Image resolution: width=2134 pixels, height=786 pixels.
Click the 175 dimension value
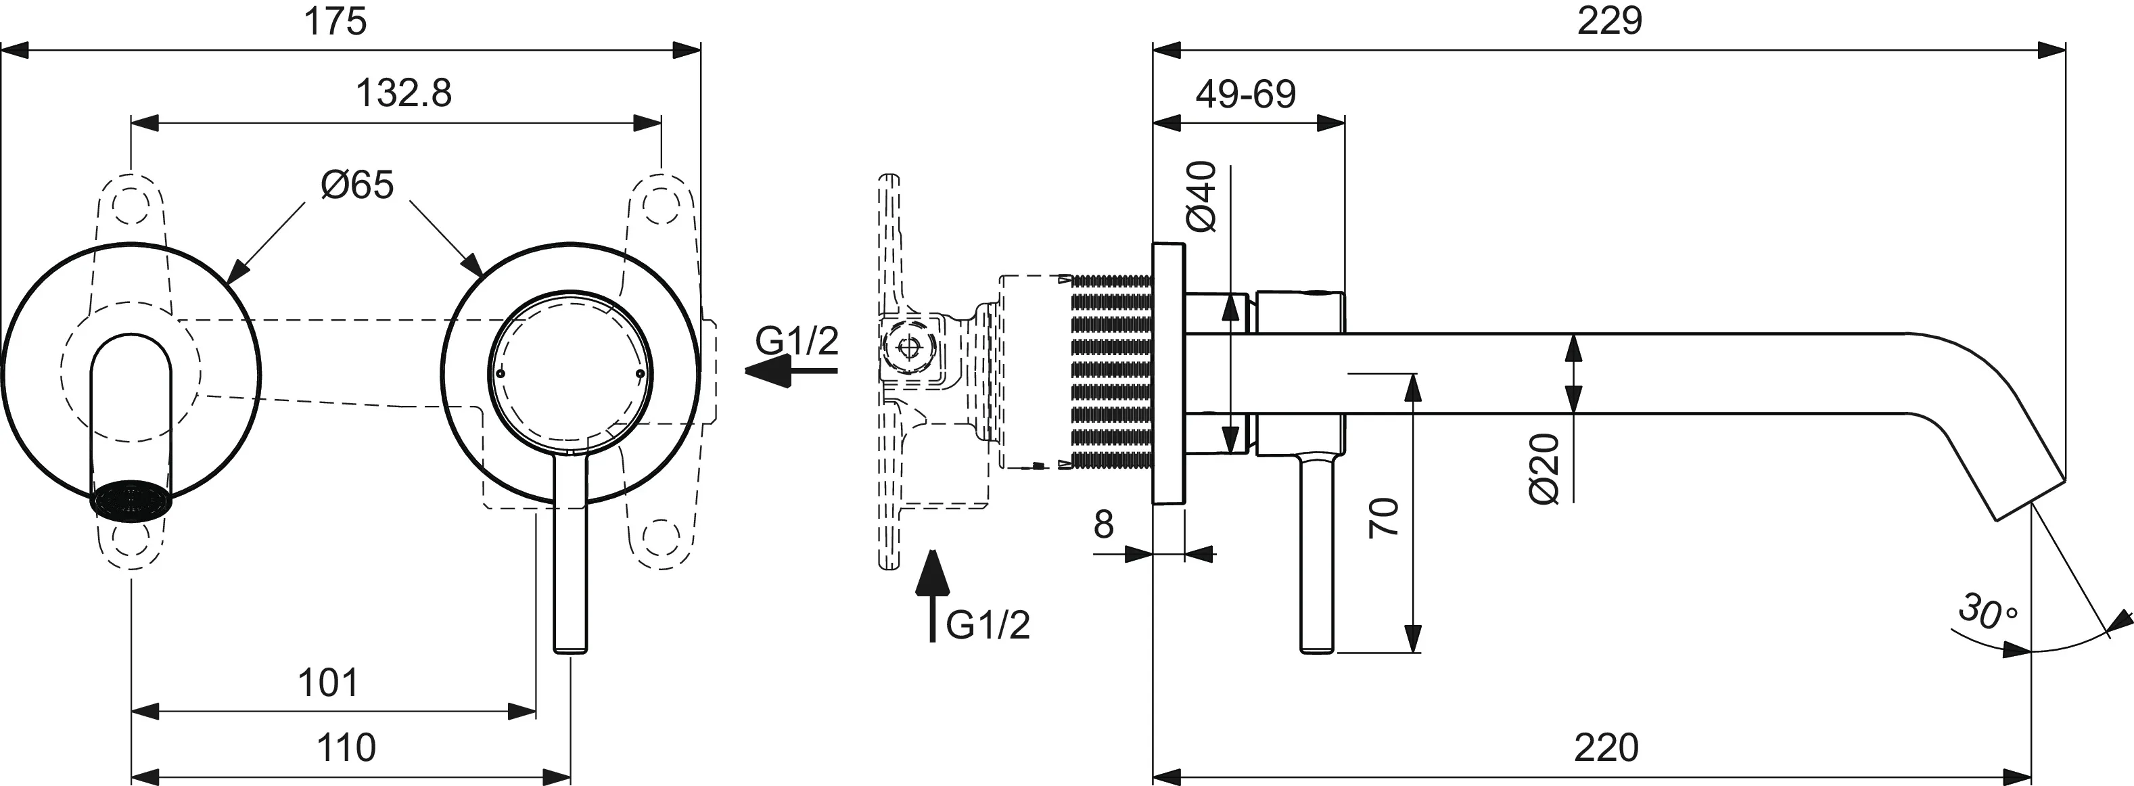click(x=335, y=22)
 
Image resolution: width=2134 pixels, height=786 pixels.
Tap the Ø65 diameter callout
click(x=357, y=185)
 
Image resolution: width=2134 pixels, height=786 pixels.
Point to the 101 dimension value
click(x=328, y=683)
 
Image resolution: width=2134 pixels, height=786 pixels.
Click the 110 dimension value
click(x=346, y=749)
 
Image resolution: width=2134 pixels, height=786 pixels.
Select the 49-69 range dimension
click(x=1245, y=95)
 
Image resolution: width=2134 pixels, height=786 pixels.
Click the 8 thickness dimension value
click(x=1103, y=524)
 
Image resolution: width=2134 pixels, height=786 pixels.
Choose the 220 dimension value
click(x=1606, y=749)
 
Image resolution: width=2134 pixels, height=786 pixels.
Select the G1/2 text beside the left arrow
click(x=797, y=340)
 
